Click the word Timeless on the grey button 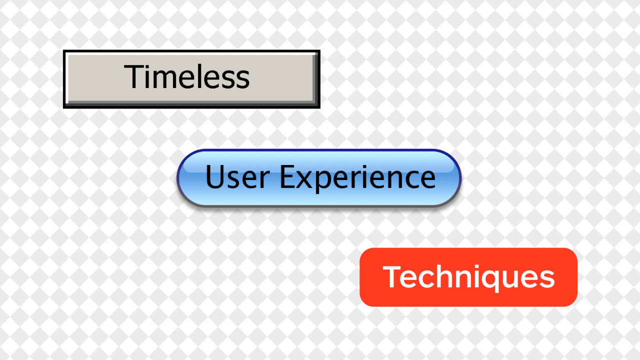pyautogui.click(x=187, y=76)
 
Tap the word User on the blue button pyautogui.click(x=237, y=177)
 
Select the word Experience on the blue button pyautogui.click(x=358, y=179)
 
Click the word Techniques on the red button pyautogui.click(x=468, y=277)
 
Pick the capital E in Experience pyautogui.click(x=287, y=176)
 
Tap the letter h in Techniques pyautogui.click(x=442, y=276)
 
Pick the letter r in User pyautogui.click(x=264, y=179)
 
